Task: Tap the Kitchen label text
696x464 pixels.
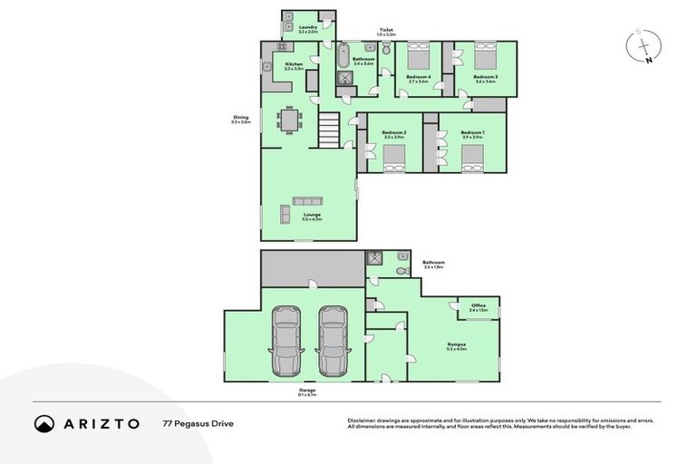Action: click(x=294, y=65)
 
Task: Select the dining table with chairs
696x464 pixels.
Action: click(x=290, y=120)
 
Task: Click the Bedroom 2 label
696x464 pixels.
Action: click(x=393, y=134)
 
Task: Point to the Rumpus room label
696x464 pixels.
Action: click(x=456, y=346)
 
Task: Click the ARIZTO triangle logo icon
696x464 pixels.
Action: click(x=44, y=423)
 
